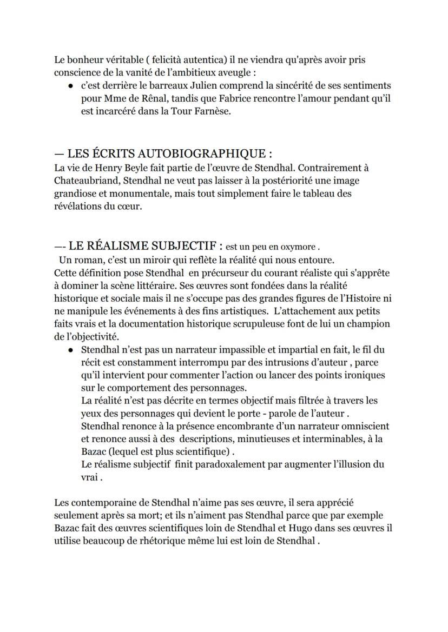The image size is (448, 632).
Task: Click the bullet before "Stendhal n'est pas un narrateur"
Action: tap(70, 350)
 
